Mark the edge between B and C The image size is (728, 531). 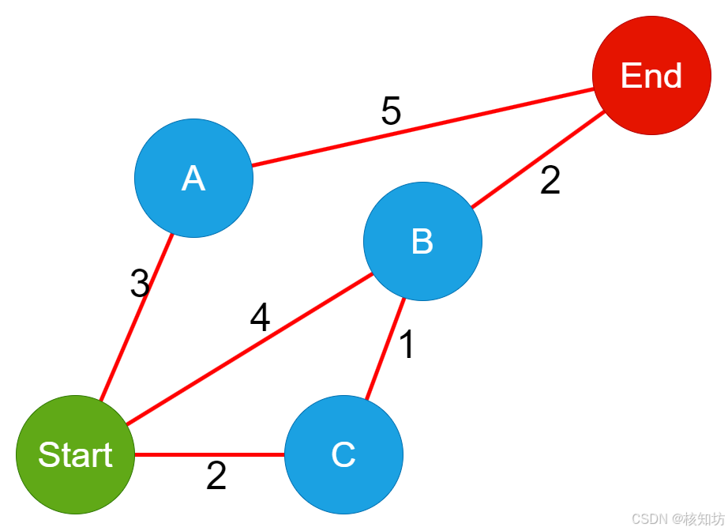pos(385,349)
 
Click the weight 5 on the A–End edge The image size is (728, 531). pos(391,112)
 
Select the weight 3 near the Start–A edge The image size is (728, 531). pos(140,284)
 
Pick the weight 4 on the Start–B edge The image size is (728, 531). pos(260,318)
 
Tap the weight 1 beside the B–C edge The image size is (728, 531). pos(407,345)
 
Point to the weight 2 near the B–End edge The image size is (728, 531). pos(550,181)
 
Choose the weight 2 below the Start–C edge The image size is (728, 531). pos(216,476)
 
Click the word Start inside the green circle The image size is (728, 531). pos(75,455)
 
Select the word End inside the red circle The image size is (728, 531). pos(651,76)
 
